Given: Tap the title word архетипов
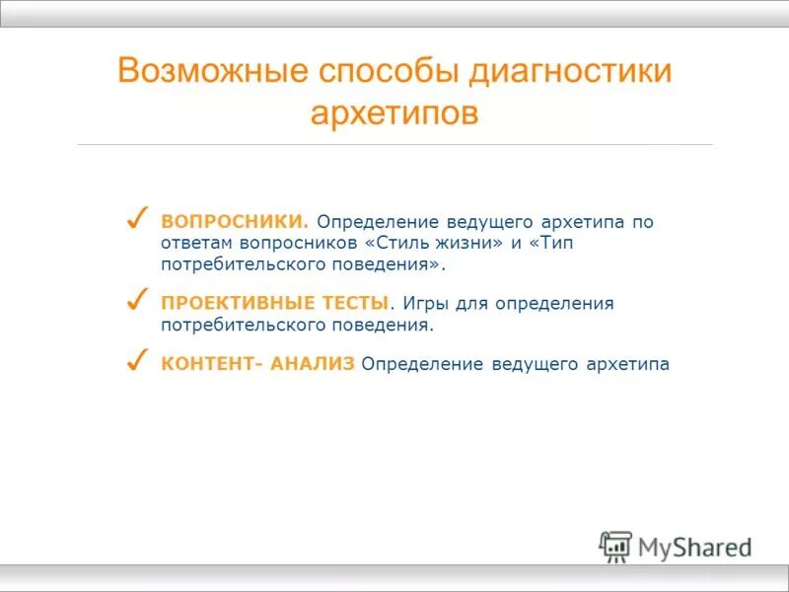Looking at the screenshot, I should coord(394,112).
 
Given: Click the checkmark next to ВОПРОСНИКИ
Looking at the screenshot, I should coord(138,217).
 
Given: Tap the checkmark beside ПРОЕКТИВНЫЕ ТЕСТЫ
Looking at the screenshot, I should coord(138,298).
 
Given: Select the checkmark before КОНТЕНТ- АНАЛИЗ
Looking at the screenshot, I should coord(138,359).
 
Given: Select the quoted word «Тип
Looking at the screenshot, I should coord(555,244).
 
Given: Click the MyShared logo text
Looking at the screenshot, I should coord(695,547).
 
